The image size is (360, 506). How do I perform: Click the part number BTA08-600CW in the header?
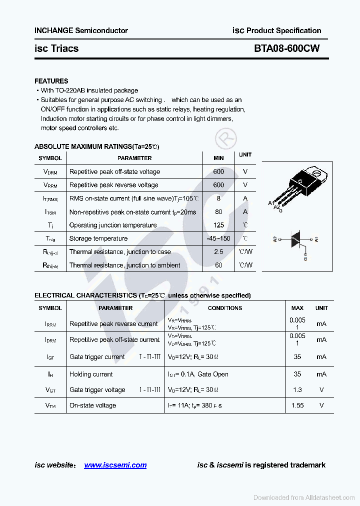[x=286, y=48]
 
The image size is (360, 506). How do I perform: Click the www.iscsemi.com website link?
[x=115, y=465]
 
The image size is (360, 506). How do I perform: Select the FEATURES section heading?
[x=51, y=81]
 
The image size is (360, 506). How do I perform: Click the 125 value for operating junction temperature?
[x=218, y=225]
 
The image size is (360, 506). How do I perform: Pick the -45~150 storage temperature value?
[x=218, y=238]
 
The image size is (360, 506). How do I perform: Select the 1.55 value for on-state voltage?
[x=297, y=405]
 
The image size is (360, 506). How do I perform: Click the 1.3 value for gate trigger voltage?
[x=297, y=389]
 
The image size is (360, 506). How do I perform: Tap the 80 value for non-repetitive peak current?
[x=218, y=212]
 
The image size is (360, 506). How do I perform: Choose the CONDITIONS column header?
[x=225, y=308]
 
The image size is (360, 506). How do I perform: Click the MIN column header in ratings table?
[x=218, y=158]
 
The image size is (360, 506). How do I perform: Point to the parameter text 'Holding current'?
[x=91, y=374]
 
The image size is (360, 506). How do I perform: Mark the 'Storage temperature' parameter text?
[x=98, y=238]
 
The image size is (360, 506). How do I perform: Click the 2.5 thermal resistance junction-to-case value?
[x=218, y=252]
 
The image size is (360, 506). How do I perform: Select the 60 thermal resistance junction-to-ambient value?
[x=218, y=265]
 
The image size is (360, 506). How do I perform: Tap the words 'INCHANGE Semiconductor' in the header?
[x=81, y=30]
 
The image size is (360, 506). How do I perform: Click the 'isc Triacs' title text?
[x=56, y=48]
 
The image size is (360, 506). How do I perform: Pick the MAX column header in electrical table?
[x=297, y=308]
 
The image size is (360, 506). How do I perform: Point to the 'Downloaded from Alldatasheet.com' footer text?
[x=304, y=497]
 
